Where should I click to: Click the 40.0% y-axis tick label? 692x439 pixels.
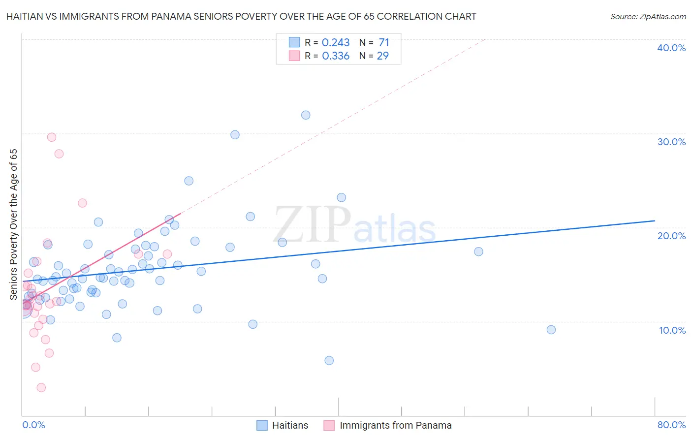(671, 48)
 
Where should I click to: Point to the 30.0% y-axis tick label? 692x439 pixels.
(671, 142)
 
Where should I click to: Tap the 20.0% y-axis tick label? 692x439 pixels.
(671, 236)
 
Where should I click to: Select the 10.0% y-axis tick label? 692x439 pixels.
(672, 330)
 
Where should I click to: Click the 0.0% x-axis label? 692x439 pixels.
(33, 425)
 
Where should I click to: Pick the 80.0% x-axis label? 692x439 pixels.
(671, 425)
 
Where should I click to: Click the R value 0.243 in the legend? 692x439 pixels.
(336, 43)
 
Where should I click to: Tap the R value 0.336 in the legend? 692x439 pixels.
(336, 56)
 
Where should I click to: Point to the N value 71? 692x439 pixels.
(384, 43)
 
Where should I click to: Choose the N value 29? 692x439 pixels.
(382, 56)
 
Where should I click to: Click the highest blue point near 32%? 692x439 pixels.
(306, 115)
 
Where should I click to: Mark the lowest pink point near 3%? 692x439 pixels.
(41, 388)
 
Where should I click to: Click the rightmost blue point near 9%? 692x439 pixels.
(551, 330)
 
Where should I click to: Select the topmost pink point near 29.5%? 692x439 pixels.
(52, 137)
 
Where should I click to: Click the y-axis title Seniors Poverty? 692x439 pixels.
(13, 224)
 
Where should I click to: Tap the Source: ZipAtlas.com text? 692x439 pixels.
(648, 17)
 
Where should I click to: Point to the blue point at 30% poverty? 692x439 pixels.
(235, 135)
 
